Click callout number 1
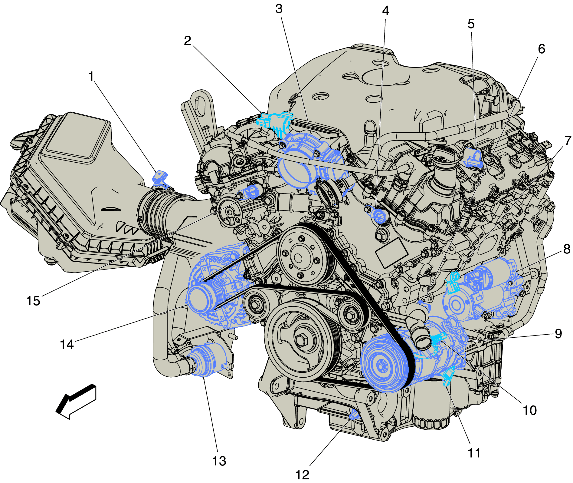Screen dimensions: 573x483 (91, 76)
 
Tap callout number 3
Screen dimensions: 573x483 (279, 9)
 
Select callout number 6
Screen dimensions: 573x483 (541, 49)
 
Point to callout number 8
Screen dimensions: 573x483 (567, 249)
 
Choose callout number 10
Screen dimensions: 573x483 (530, 410)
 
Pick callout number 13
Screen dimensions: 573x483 (219, 461)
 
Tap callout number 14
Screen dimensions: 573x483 (67, 345)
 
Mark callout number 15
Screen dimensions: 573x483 (33, 301)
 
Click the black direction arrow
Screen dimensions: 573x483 (76, 402)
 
